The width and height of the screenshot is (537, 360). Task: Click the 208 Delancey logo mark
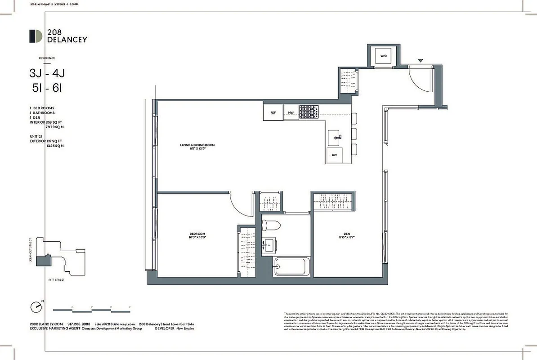coord(36,36)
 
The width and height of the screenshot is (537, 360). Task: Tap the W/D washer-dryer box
coord(383,56)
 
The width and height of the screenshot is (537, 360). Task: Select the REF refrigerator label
coord(273,112)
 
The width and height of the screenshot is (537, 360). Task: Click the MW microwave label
coord(291,112)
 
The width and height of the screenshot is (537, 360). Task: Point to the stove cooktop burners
coord(309,112)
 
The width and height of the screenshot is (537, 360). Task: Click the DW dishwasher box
coord(334,155)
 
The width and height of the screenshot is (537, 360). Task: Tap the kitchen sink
coord(335,137)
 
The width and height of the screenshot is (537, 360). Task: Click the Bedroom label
coord(197,235)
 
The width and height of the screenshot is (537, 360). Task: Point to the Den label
coord(347,235)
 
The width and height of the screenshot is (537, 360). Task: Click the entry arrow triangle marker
coord(421,61)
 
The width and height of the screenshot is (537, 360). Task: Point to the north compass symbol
coord(36,307)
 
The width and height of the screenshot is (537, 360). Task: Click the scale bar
coord(92,310)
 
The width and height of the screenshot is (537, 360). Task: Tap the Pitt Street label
coord(57,280)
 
